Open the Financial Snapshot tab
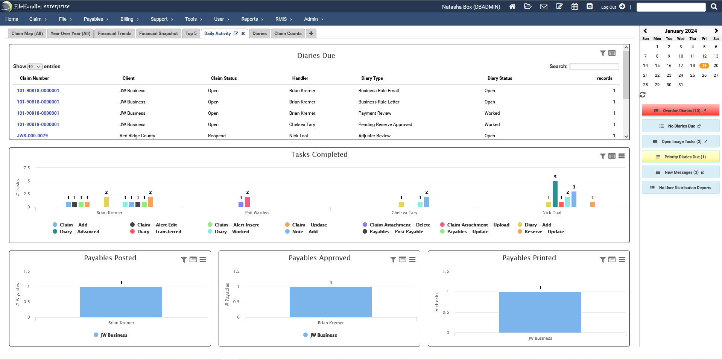click(x=158, y=33)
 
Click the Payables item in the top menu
click(x=93, y=19)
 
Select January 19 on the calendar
click(x=704, y=66)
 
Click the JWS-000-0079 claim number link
click(x=32, y=136)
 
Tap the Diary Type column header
click(x=372, y=78)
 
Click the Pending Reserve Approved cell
click(x=385, y=125)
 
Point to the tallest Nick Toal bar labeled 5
click(x=555, y=194)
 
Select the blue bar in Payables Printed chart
click(x=540, y=312)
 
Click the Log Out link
click(x=608, y=7)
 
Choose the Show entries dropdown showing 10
click(x=35, y=67)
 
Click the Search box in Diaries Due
click(x=594, y=67)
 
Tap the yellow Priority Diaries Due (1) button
click(x=681, y=157)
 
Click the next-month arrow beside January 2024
click(x=716, y=31)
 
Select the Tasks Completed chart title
click(x=319, y=155)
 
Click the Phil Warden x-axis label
click(x=257, y=213)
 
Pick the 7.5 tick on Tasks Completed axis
click(x=27, y=168)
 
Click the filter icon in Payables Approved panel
click(x=393, y=260)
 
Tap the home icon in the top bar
click(x=512, y=6)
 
